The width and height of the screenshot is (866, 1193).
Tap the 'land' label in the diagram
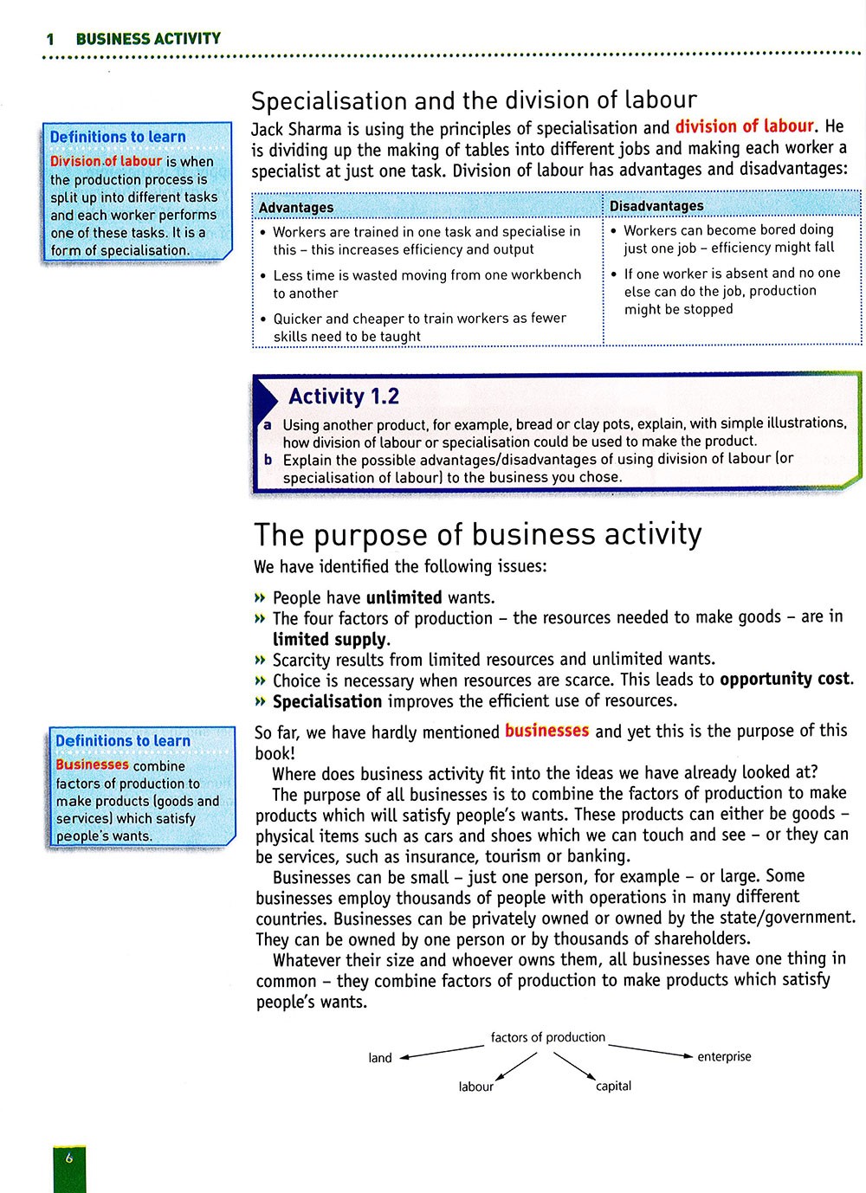380,1058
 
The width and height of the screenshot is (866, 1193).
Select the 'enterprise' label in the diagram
724,1056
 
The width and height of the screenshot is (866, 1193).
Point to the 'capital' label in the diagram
613,1086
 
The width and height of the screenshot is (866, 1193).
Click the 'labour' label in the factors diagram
475,1087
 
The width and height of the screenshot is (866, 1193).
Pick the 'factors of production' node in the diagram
547,1037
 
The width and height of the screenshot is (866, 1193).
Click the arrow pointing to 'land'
442,1051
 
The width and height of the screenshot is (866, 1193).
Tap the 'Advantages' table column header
296,208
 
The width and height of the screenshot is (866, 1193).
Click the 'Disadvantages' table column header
656,206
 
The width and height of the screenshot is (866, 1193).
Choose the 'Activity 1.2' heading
344,397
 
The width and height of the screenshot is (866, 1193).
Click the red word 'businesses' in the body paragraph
546,731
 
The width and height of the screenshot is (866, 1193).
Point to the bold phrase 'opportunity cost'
785,679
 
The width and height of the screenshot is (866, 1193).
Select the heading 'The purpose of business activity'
477,534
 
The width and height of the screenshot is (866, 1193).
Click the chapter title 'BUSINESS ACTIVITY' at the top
148,38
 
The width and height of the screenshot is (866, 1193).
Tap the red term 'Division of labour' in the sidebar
106,161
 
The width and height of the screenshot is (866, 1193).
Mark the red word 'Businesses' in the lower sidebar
92,765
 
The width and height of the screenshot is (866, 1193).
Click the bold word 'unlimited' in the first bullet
404,597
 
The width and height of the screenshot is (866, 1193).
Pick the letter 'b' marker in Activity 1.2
268,460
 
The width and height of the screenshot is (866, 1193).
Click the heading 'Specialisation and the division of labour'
474,100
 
